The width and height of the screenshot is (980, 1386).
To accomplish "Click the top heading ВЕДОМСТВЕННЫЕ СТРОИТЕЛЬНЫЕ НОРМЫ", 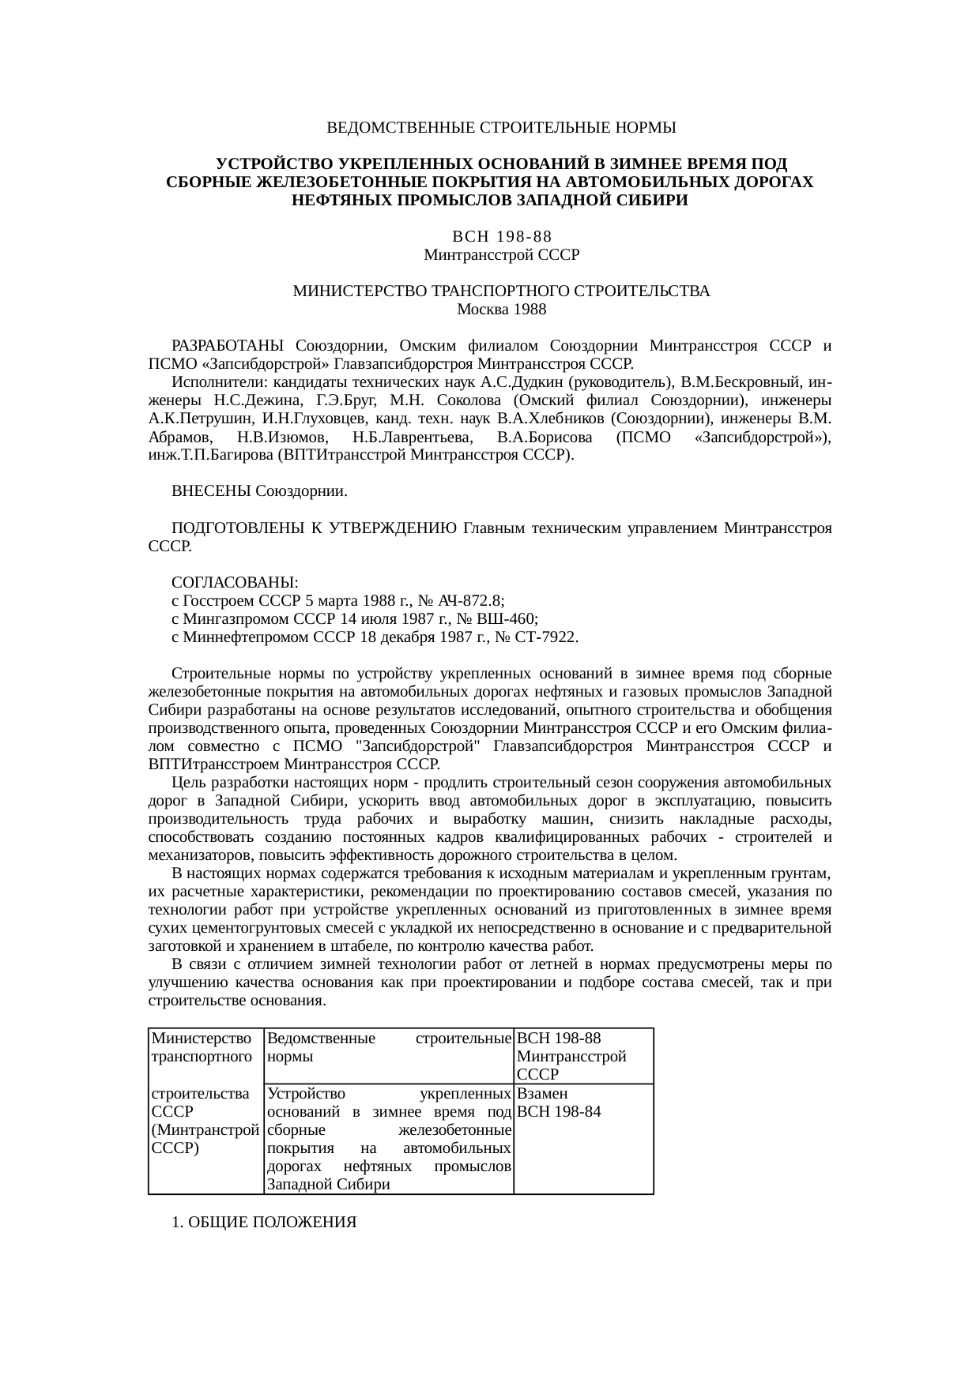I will [501, 127].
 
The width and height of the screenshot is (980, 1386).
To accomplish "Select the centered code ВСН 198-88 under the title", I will [501, 237].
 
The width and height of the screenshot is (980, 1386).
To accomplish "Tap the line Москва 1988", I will [501, 310].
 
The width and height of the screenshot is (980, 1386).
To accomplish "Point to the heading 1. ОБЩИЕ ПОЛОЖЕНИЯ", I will [264, 1223].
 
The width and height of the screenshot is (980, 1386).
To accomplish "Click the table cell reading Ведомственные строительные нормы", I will [388, 1046].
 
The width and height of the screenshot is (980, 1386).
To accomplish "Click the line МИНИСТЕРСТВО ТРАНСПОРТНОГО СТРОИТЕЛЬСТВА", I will [501, 291].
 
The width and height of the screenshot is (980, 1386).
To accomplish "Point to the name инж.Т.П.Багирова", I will [211, 456].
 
